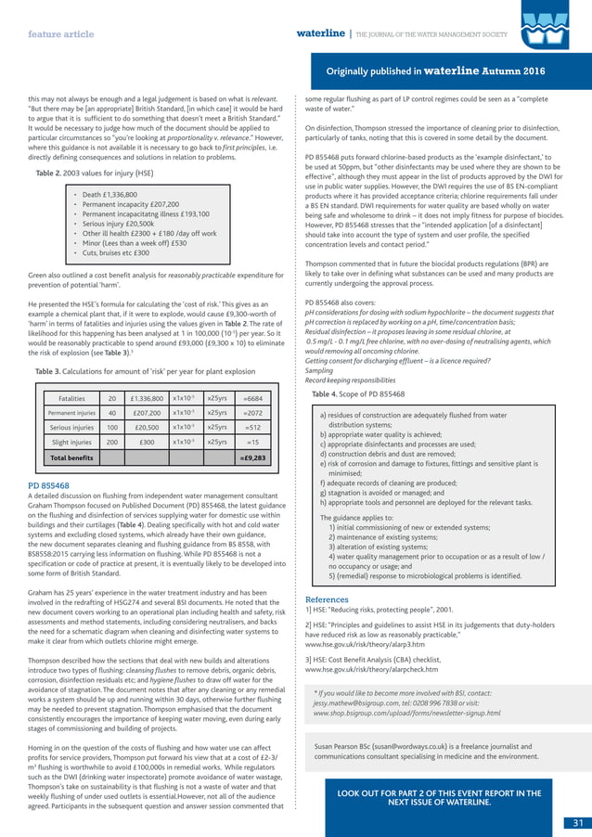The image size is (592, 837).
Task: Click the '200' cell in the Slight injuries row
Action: pos(111,443)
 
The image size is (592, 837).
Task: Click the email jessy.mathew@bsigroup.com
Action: pos(360,704)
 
